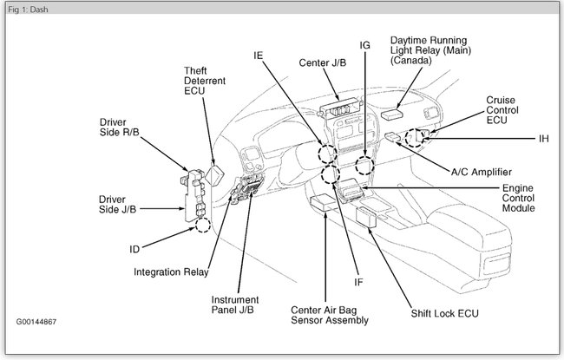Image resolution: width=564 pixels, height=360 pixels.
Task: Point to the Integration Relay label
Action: pos(171,272)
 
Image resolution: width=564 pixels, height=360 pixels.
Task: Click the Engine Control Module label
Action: pos(518,198)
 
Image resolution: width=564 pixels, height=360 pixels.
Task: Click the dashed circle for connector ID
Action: pos(203,226)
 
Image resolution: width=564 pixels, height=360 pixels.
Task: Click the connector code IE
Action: pos(259,54)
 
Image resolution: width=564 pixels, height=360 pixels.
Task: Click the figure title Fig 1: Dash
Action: pos(27,8)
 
